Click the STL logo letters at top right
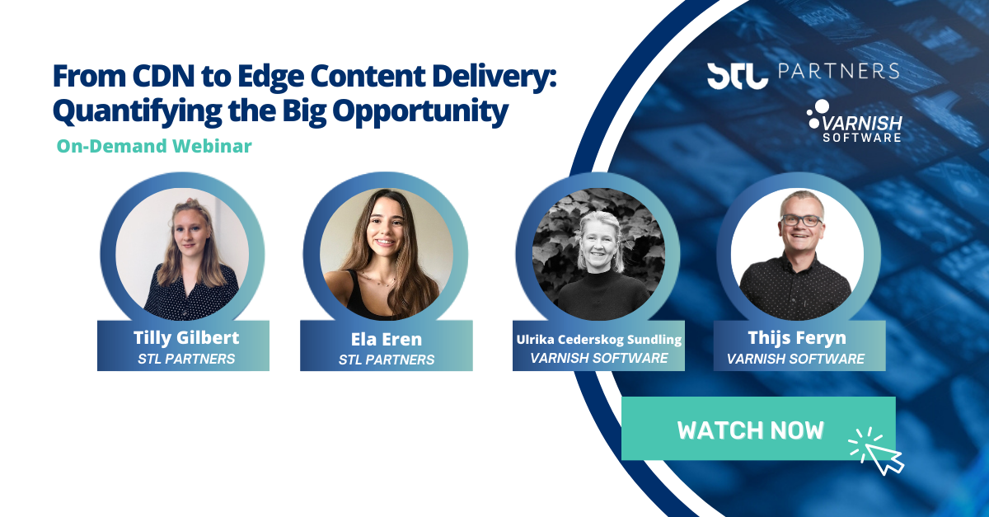tap(736, 74)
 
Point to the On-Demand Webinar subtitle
tap(154, 147)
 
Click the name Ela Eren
tap(386, 340)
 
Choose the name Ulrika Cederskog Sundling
tap(599, 339)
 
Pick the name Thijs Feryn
tap(796, 338)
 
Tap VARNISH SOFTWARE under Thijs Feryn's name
tap(796, 359)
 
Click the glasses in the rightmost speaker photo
tap(799, 220)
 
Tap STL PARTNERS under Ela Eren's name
tap(387, 360)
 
